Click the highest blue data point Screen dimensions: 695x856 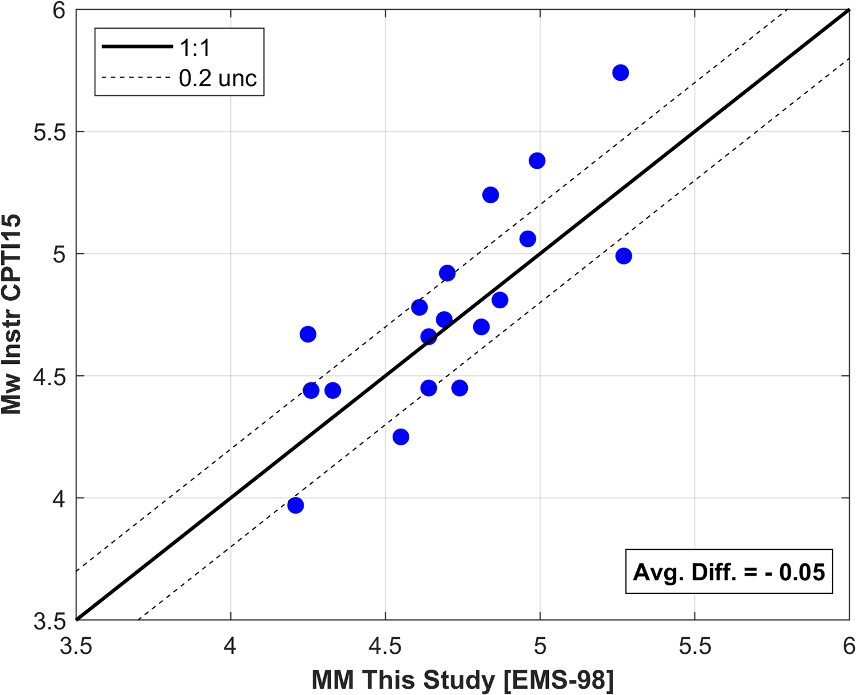(x=620, y=73)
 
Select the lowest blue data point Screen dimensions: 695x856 (x=296, y=506)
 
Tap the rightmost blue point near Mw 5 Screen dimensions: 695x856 (x=623, y=256)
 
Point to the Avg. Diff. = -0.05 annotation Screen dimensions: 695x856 (x=729, y=572)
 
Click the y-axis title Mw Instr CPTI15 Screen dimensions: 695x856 (x=11, y=314)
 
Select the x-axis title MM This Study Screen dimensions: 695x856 (x=463, y=681)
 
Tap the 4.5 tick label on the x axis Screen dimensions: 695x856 (x=385, y=647)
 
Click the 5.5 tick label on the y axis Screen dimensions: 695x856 (x=50, y=132)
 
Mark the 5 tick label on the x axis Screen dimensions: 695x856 (x=540, y=647)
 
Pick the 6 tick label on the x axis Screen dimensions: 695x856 (x=849, y=647)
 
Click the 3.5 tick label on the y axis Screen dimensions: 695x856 (x=50, y=621)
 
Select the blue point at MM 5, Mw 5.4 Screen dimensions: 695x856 (x=537, y=161)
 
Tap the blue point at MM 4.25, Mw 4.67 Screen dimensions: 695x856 (x=308, y=334)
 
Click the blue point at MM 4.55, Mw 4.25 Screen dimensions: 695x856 (x=401, y=437)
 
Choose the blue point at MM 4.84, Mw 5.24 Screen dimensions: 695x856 (x=490, y=195)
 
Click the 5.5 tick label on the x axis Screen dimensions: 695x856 (x=694, y=647)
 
